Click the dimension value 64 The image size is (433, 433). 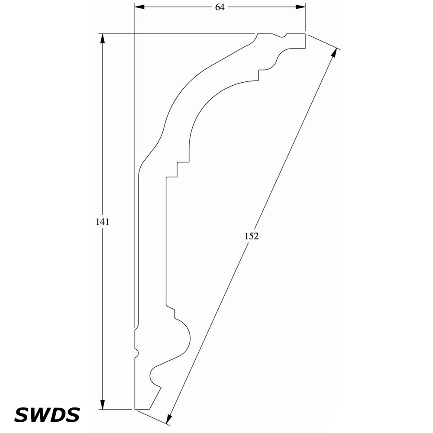click(220, 7)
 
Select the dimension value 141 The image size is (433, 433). click(102, 222)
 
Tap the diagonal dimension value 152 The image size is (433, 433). click(252, 236)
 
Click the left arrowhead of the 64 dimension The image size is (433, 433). click(139, 7)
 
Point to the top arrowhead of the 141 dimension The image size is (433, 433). click(103, 38)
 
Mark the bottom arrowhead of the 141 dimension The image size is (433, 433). click(103, 404)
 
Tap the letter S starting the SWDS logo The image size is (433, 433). click(22, 414)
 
